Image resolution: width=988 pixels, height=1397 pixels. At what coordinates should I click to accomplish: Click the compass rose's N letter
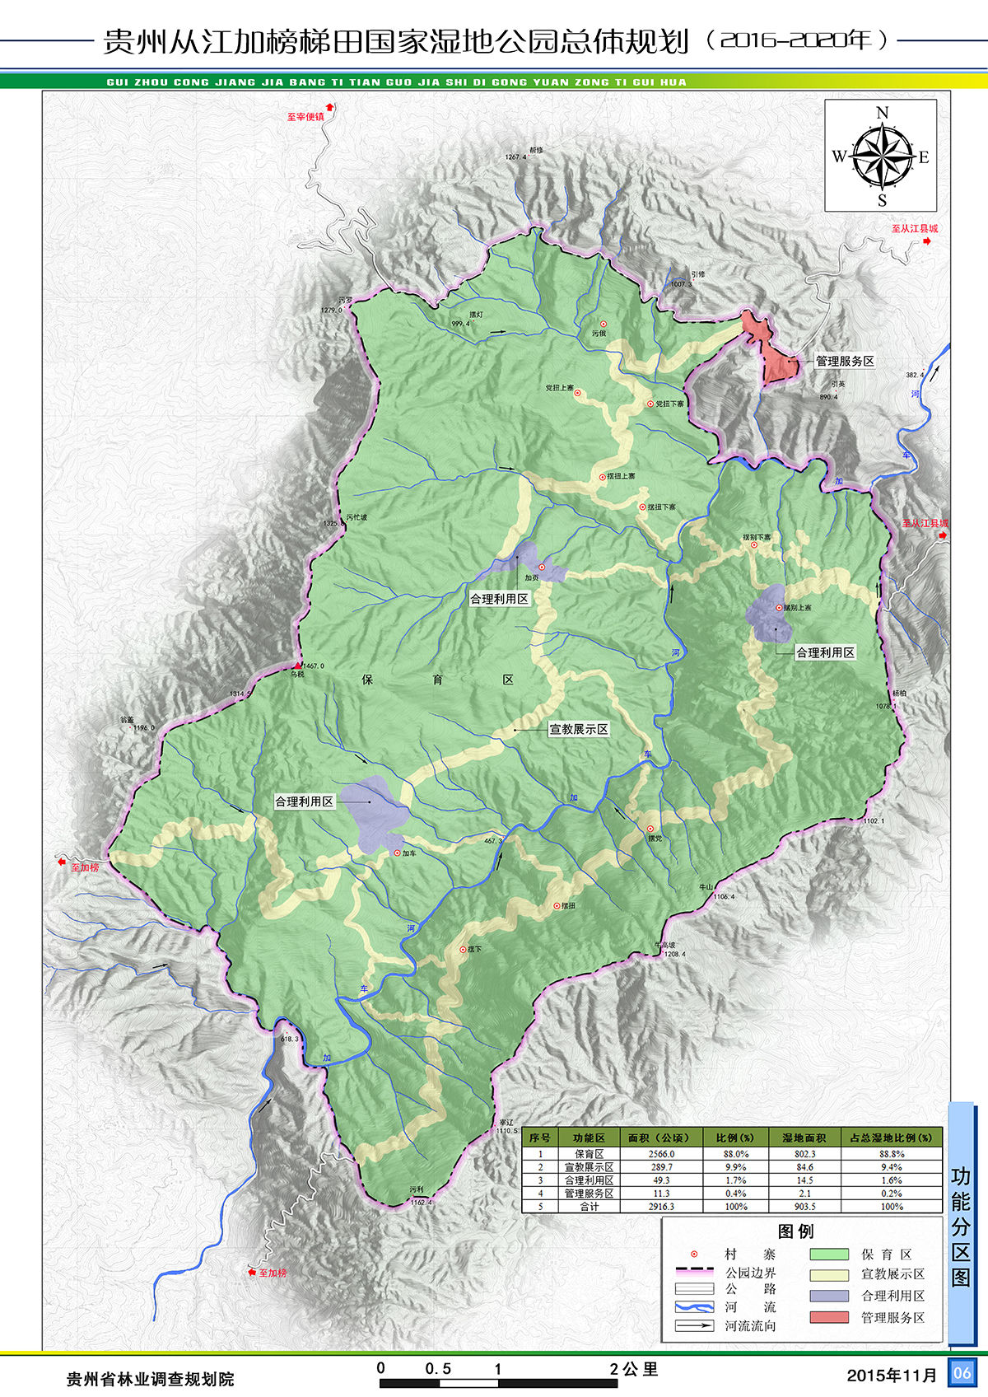click(x=882, y=113)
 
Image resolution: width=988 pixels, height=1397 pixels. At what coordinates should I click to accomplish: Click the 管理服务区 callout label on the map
click(x=844, y=361)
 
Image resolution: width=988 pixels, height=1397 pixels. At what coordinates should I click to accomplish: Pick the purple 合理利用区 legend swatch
click(x=828, y=1296)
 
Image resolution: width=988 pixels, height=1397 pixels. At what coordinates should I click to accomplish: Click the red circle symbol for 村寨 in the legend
click(x=693, y=1254)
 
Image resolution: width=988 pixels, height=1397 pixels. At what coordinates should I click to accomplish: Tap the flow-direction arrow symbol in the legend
click(x=693, y=1325)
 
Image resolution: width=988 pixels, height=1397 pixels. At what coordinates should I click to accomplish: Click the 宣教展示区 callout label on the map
click(x=579, y=729)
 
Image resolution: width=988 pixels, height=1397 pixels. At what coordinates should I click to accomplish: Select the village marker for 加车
click(x=397, y=853)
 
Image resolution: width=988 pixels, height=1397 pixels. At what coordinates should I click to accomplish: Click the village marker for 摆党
click(x=650, y=829)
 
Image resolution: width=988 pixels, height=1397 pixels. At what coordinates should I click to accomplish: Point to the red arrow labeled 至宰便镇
click(x=331, y=106)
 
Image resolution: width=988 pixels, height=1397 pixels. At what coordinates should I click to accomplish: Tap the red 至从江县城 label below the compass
click(x=914, y=229)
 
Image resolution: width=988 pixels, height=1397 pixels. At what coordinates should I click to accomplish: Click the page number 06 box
click(x=962, y=1372)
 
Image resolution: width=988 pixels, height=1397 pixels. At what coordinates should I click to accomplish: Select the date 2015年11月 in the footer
click(x=892, y=1375)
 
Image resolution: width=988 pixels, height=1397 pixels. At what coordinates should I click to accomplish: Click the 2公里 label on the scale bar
click(x=634, y=1369)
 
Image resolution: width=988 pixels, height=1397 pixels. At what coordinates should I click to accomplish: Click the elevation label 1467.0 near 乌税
click(x=314, y=666)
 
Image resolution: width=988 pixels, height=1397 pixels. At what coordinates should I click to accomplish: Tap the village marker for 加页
click(x=541, y=568)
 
